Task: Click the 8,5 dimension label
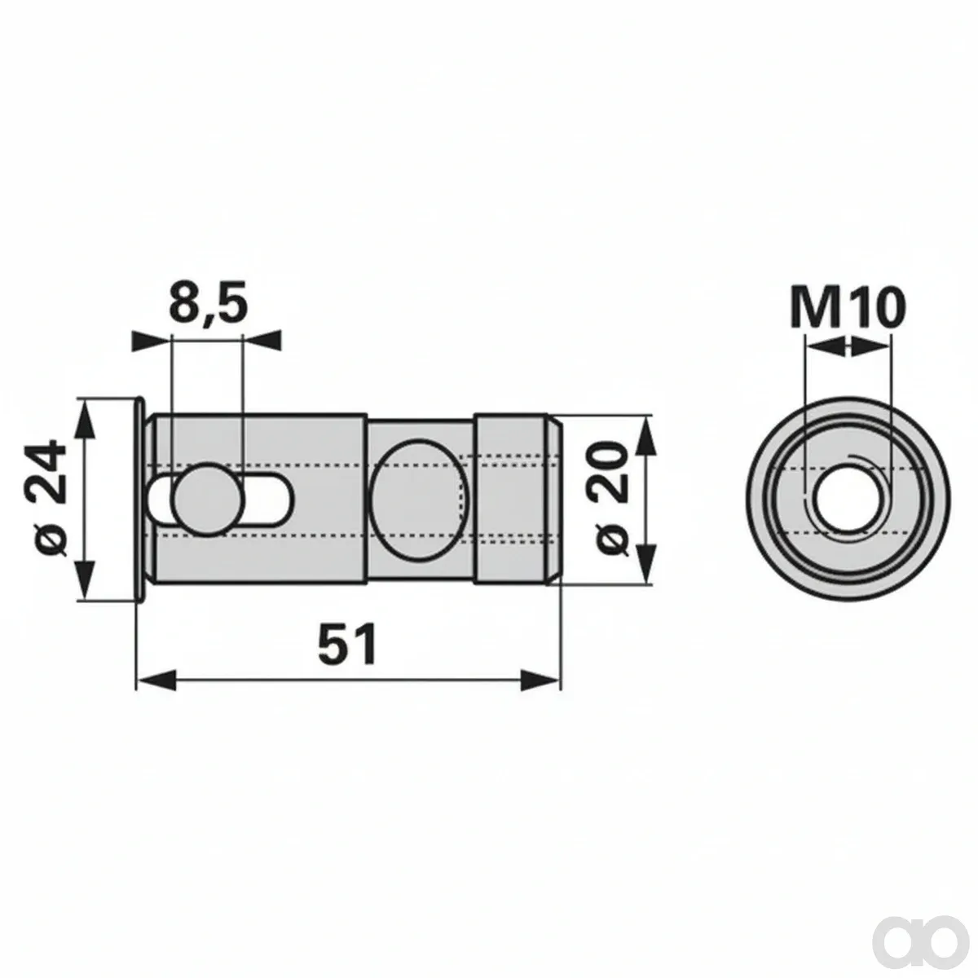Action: point(208,304)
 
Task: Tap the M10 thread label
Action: point(848,306)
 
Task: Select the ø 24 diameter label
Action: point(51,500)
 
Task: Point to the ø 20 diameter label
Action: point(610,499)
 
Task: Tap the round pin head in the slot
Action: point(208,500)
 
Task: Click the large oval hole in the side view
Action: point(417,500)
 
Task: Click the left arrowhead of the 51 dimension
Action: point(156,679)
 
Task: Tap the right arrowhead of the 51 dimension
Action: point(540,679)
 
